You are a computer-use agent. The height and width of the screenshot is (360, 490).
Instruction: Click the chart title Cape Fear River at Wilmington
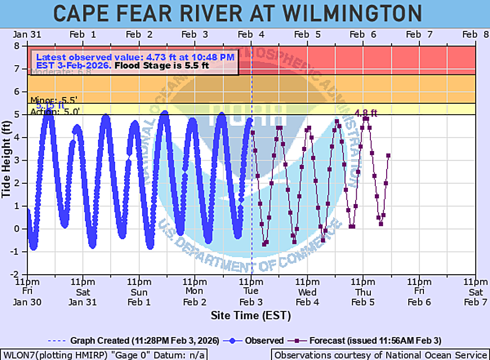coord(237,13)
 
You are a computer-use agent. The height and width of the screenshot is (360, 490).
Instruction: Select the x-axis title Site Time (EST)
coord(251,315)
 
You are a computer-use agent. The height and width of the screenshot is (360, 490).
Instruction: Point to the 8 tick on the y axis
coord(22,46)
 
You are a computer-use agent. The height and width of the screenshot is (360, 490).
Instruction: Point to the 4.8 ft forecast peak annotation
coord(366,113)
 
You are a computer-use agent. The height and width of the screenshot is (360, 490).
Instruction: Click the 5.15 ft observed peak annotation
coord(50,105)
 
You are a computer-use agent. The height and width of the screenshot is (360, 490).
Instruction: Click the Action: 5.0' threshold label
coord(54,111)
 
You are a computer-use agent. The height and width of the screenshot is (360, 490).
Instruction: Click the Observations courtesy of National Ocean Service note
coord(380,355)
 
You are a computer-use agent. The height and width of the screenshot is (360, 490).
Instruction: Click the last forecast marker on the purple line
coord(388,156)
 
